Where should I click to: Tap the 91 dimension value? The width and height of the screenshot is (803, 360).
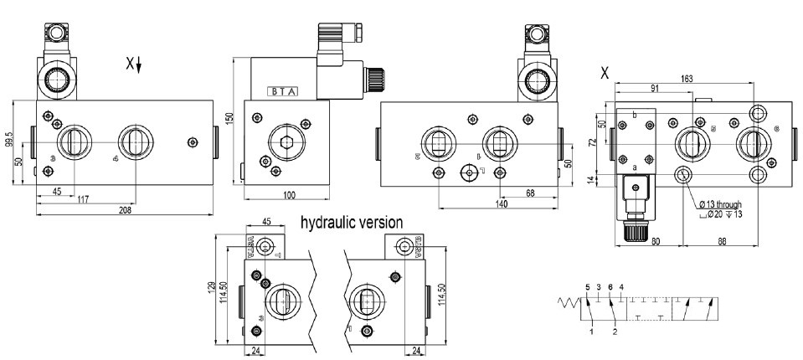tap(654, 88)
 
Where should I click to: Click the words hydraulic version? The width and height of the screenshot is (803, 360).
tap(352, 223)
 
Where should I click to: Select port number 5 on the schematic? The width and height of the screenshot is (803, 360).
tap(588, 288)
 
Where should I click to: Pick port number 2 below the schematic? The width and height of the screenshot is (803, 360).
tap(615, 332)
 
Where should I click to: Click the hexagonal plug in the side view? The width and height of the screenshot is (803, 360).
tap(286, 140)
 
